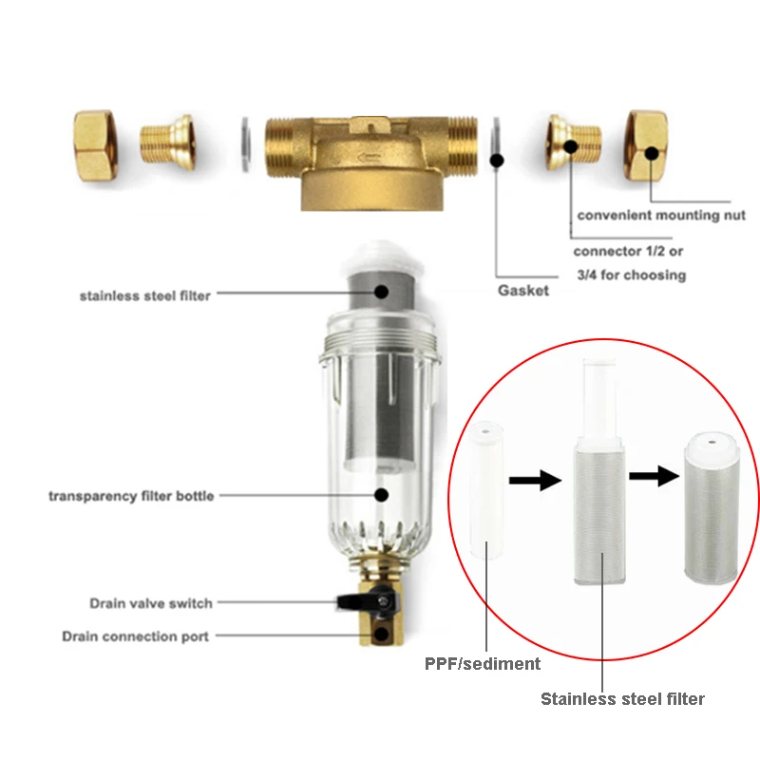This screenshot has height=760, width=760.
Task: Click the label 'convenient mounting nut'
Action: click(x=661, y=216)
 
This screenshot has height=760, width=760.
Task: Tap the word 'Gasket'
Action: click(x=523, y=291)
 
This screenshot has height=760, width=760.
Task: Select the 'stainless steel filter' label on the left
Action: click(x=144, y=295)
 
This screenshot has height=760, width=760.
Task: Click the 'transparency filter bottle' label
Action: click(x=131, y=496)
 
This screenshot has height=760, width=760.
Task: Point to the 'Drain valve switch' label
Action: click(x=151, y=603)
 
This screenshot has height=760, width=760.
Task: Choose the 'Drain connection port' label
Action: click(x=135, y=636)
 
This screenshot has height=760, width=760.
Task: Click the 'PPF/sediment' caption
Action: click(x=483, y=664)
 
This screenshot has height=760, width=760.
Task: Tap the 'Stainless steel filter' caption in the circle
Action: click(x=622, y=699)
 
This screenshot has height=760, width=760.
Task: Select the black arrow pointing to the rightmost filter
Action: click(x=655, y=474)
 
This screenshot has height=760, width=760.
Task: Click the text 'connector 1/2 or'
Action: click(x=628, y=252)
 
